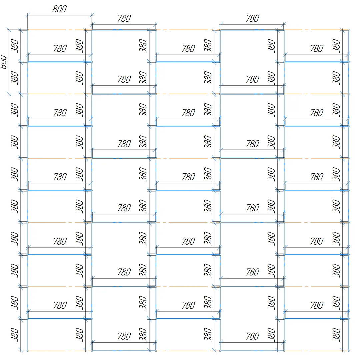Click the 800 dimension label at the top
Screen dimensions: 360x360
[x=59, y=9]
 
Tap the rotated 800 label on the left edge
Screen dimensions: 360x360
[x=4, y=62]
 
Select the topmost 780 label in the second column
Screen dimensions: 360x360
[x=124, y=19]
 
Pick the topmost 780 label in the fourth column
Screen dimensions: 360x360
[x=252, y=19]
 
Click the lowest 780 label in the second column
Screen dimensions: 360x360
[x=124, y=336]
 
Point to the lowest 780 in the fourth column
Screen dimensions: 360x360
[x=252, y=336]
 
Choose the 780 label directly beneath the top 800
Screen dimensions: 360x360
[x=60, y=48]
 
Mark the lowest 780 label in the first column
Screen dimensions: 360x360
[x=60, y=305]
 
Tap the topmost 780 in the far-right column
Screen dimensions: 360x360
[x=317, y=48]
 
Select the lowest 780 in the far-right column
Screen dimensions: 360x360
[x=317, y=305]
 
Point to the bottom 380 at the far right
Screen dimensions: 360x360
[x=336, y=335]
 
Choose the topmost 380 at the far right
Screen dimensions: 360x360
[x=336, y=46]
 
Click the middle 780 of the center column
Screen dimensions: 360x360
[x=188, y=177]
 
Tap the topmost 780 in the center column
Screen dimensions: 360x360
[x=188, y=48]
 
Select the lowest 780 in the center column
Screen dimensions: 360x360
[x=188, y=305]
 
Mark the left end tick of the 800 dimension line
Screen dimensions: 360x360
[x=28, y=15]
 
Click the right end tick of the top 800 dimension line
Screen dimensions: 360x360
[x=92, y=15]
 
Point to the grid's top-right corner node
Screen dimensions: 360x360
[x=348, y=30]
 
